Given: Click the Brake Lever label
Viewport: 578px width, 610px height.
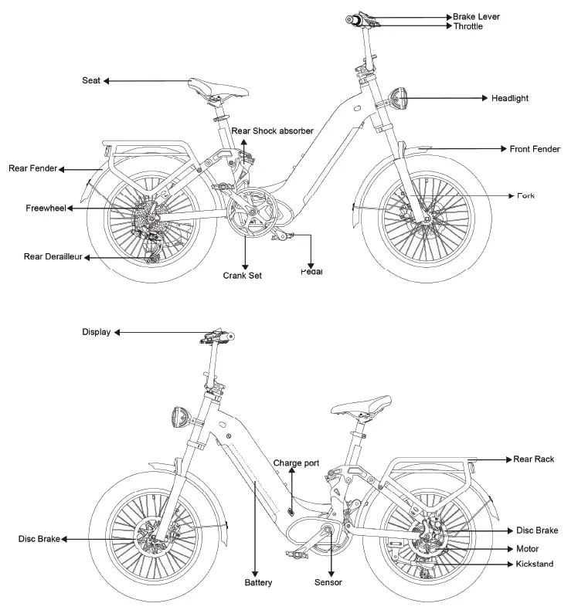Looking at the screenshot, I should (476, 15).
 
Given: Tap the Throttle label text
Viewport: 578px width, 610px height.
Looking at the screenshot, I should (467, 26).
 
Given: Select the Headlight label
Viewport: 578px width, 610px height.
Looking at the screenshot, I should (510, 98).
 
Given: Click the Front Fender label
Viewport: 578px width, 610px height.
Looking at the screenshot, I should (535, 148).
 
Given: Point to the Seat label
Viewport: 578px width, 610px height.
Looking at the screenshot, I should (90, 80).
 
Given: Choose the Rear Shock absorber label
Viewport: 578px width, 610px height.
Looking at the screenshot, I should (272, 131).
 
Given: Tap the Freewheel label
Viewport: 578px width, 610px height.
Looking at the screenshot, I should (46, 208).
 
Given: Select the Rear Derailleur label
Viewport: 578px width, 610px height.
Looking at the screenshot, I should (53, 256).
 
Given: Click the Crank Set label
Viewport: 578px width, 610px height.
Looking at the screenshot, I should (243, 275).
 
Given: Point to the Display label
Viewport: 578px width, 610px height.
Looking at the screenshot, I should (97, 332).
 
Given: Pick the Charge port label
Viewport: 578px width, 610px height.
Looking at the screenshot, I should (296, 463).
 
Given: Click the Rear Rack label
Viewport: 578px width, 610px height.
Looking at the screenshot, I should (534, 459).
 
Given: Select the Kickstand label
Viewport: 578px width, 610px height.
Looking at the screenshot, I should (534, 564).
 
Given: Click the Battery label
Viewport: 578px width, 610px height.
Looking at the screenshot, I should (258, 582).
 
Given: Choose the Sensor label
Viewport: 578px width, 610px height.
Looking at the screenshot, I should (328, 582).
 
